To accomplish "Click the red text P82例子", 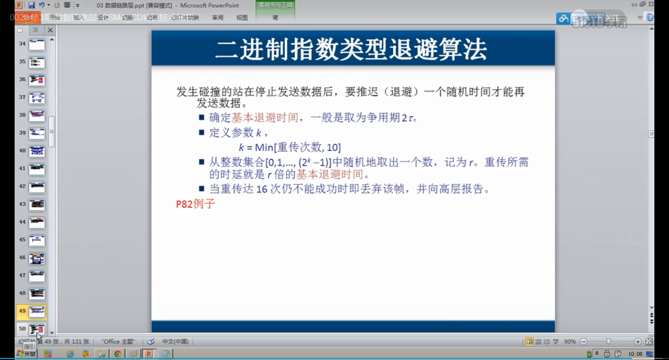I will (x=195, y=204).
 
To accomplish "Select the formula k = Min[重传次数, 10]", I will (x=290, y=147).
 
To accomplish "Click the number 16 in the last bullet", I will (x=262, y=189).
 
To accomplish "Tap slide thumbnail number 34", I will (x=37, y=45).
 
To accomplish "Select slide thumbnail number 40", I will (x=37, y=152).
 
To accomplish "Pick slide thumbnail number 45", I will (x=37, y=240).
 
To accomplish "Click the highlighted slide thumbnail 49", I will (x=37, y=312).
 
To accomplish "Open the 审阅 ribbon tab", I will (x=217, y=17).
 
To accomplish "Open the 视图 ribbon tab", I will (x=241, y=17).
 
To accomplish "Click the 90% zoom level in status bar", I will (x=570, y=342).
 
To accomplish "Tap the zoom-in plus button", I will (x=638, y=342).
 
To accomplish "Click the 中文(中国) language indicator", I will (x=175, y=342).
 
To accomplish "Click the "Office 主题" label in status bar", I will (x=118, y=342).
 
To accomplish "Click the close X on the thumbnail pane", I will (x=50, y=30).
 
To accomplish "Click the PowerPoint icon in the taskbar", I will (x=148, y=354).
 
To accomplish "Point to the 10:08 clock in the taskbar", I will (x=635, y=354).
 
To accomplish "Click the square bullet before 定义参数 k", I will (x=202, y=133).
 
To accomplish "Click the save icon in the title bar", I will (x=31, y=5).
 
